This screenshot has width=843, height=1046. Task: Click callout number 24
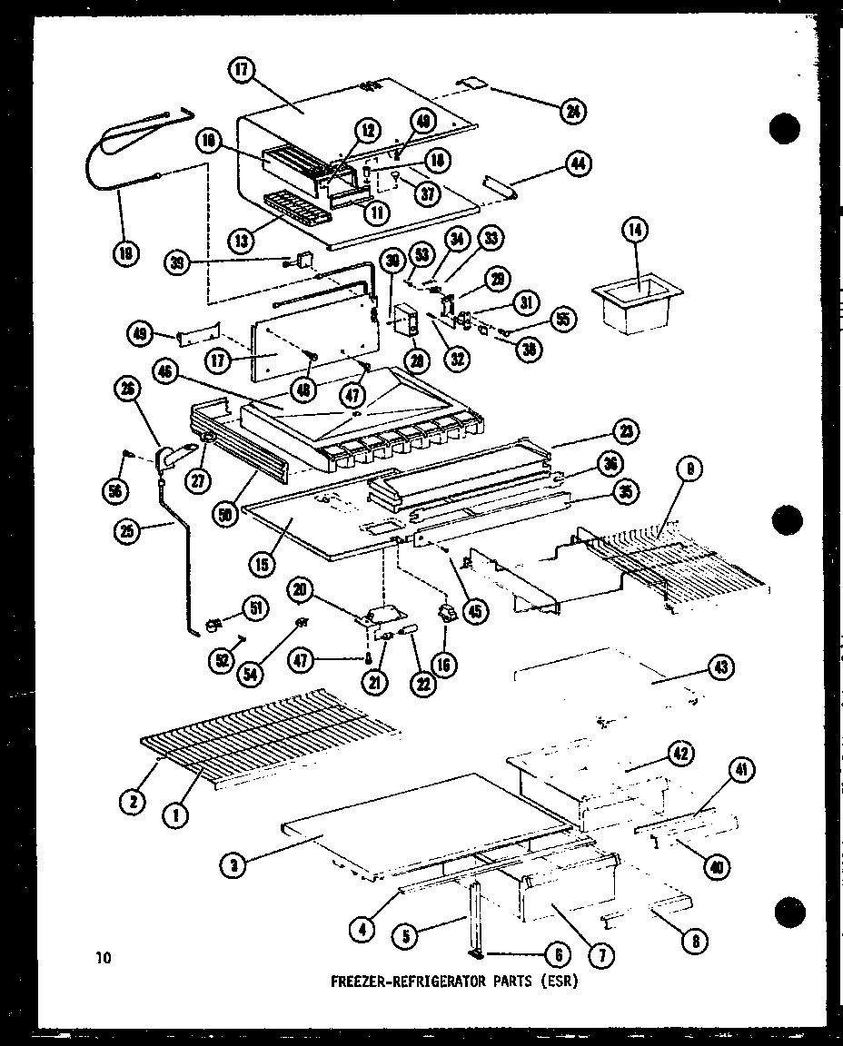pyautogui.click(x=573, y=112)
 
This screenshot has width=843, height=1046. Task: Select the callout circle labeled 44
pyautogui.click(x=577, y=164)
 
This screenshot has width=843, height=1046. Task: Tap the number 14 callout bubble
pyautogui.click(x=636, y=231)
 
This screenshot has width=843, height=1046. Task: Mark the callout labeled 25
pyautogui.click(x=128, y=529)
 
